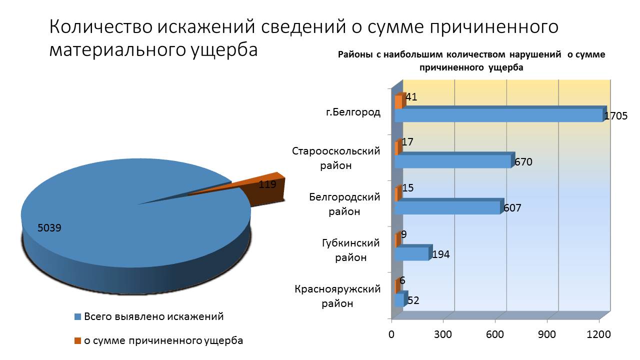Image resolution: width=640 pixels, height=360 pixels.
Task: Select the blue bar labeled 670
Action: click(452, 161)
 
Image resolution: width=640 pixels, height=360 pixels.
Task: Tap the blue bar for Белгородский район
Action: click(446, 207)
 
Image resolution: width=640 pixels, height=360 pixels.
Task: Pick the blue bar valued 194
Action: click(411, 254)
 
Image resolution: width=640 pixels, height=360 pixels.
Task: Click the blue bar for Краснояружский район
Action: click(399, 300)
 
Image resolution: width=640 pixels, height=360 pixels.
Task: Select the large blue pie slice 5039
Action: click(125, 220)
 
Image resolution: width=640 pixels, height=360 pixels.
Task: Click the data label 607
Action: click(512, 207)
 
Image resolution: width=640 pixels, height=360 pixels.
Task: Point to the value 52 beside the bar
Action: click(413, 300)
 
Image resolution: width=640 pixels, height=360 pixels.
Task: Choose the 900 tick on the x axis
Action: click(547, 334)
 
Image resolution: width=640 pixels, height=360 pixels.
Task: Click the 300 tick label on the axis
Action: click(443, 334)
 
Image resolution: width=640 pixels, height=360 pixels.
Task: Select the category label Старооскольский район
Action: click(336, 158)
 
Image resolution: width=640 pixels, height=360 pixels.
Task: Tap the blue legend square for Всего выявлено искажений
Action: click(77, 316)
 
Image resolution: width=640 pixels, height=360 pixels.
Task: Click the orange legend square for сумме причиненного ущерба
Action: click(77, 341)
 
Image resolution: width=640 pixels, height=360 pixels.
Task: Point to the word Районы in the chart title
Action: click(355, 55)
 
